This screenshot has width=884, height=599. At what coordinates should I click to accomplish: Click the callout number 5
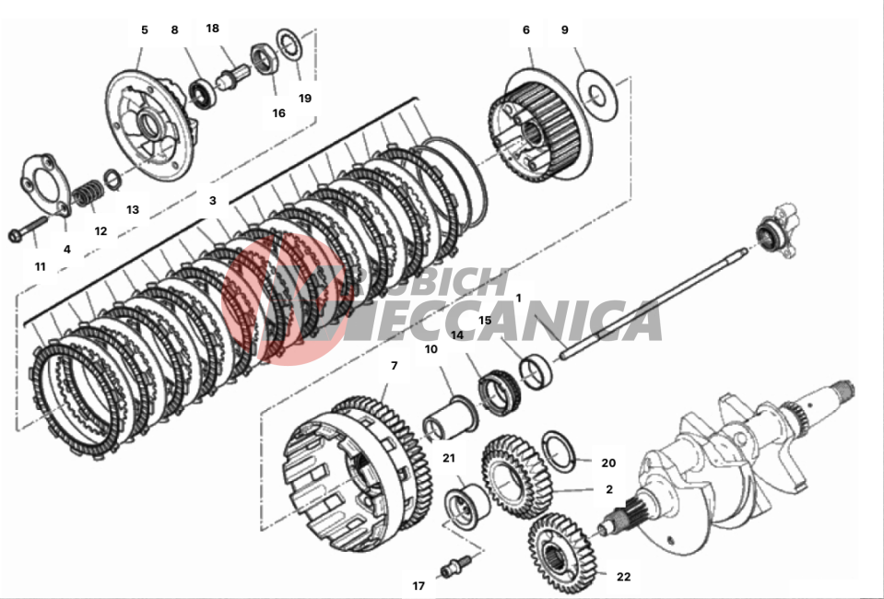145,29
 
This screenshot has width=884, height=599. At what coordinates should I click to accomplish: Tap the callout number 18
213,29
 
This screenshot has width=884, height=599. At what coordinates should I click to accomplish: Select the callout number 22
623,577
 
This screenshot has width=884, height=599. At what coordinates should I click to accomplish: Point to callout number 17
418,586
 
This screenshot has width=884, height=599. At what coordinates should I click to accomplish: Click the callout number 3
213,200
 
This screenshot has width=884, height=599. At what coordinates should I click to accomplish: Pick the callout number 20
608,463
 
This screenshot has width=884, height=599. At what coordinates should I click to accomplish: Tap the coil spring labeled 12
88,193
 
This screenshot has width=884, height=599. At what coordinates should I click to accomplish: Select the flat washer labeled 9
597,96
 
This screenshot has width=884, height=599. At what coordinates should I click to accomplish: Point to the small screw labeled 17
456,566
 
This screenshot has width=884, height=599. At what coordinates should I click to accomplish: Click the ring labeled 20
558,451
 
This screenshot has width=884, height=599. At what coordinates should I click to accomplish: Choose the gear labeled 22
561,546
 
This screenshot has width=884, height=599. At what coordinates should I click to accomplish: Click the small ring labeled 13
112,179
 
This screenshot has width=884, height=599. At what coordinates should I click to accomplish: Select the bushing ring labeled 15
536,372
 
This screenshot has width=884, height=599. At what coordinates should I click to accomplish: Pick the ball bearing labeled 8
201,93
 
